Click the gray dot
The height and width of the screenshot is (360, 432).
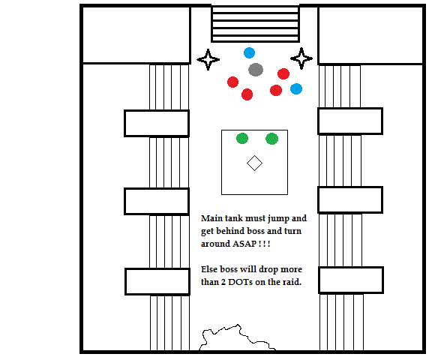tap(256, 70)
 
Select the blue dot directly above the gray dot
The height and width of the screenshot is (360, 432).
tap(249, 53)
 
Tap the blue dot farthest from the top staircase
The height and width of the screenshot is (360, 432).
tap(296, 88)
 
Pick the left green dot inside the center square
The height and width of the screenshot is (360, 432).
tap(242, 138)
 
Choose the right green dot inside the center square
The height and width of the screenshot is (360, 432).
tap(272, 139)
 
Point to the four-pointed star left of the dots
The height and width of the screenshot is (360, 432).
tap(208, 59)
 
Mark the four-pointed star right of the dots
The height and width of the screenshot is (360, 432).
tap(301, 58)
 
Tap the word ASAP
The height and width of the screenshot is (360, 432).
tap(244, 244)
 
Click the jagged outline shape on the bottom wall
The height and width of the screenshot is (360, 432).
tap(238, 337)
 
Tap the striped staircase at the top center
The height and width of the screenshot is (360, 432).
tap(256, 24)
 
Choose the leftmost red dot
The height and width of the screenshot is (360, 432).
tap(232, 82)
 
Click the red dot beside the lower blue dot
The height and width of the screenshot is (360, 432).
tap(276, 90)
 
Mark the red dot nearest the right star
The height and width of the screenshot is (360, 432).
tap(283, 73)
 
